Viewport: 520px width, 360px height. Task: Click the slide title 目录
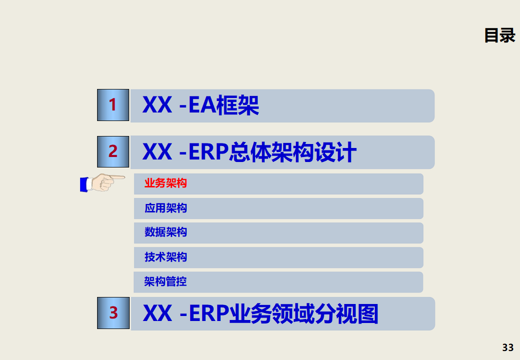click(499, 35)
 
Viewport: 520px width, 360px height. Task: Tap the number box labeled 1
click(113, 105)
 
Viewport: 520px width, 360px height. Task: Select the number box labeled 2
click(113, 151)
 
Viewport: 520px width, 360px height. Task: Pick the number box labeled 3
click(114, 313)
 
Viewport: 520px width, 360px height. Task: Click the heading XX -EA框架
click(201, 105)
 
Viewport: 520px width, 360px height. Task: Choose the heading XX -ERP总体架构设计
click(249, 152)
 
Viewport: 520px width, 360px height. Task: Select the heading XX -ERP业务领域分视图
click(260, 313)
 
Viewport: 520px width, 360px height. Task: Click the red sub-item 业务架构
click(166, 183)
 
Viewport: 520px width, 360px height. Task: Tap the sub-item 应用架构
click(166, 208)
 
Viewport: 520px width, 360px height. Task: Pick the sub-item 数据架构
click(166, 232)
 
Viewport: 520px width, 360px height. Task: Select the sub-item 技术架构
click(166, 257)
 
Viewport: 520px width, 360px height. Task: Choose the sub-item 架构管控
click(166, 281)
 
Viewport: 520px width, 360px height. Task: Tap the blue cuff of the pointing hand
click(84, 184)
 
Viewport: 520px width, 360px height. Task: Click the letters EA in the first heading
click(202, 105)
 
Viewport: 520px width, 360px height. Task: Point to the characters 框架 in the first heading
click(237, 105)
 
